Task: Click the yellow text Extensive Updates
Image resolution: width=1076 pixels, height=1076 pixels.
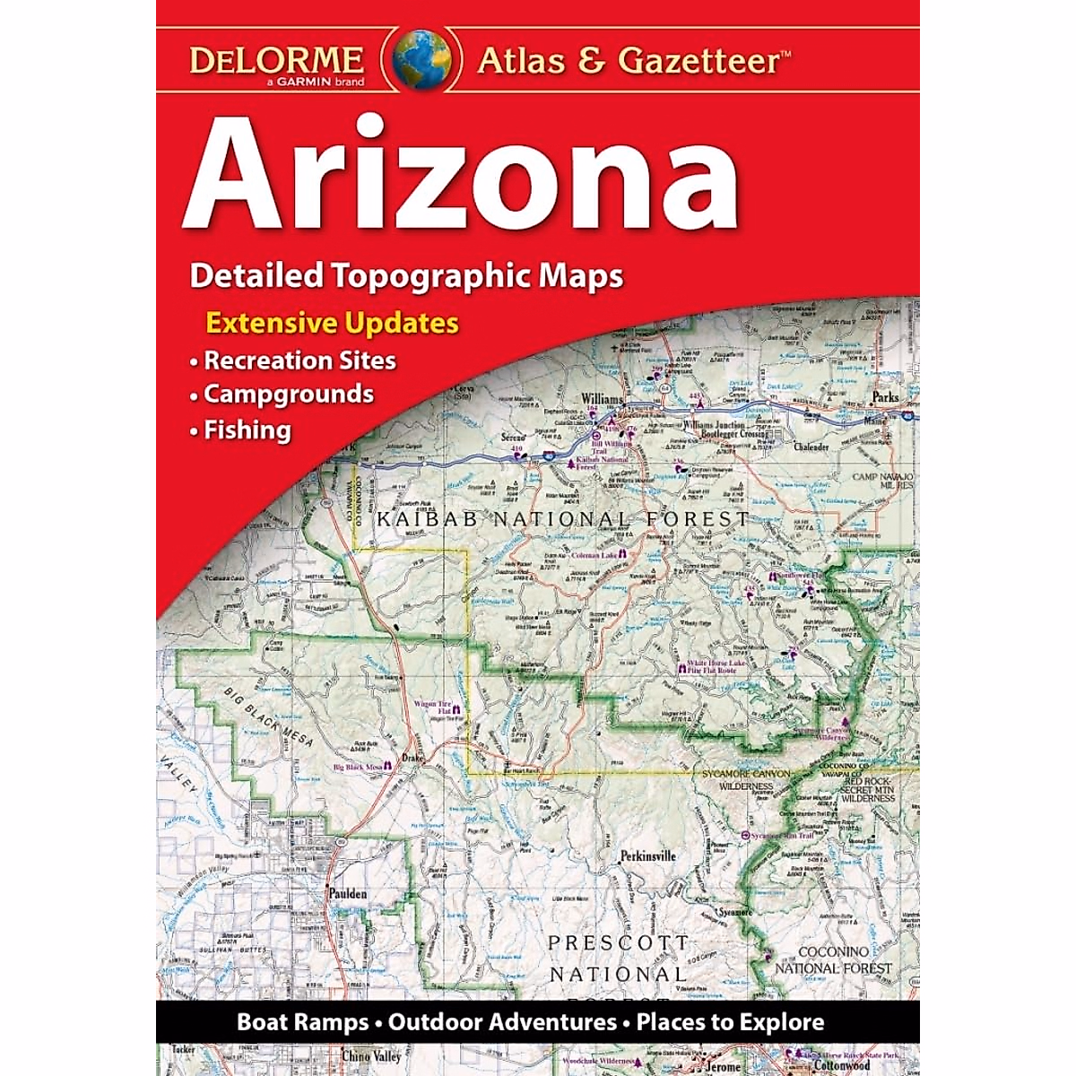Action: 333,323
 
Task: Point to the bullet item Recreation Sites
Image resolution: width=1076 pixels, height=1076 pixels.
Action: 299,360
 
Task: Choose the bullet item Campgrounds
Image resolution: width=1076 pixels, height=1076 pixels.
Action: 288,395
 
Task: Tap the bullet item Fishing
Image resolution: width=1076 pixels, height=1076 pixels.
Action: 247,430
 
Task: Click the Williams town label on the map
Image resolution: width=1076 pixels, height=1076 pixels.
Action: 602,399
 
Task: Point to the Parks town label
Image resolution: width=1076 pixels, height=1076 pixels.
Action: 885,396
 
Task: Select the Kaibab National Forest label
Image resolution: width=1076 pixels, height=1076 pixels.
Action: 562,519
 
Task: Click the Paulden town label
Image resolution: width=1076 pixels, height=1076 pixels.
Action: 347,894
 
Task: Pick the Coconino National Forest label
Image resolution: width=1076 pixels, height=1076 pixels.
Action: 833,959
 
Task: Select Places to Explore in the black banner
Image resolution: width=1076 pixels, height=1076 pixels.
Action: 730,1022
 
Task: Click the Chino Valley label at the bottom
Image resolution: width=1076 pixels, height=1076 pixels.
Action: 370,1057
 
